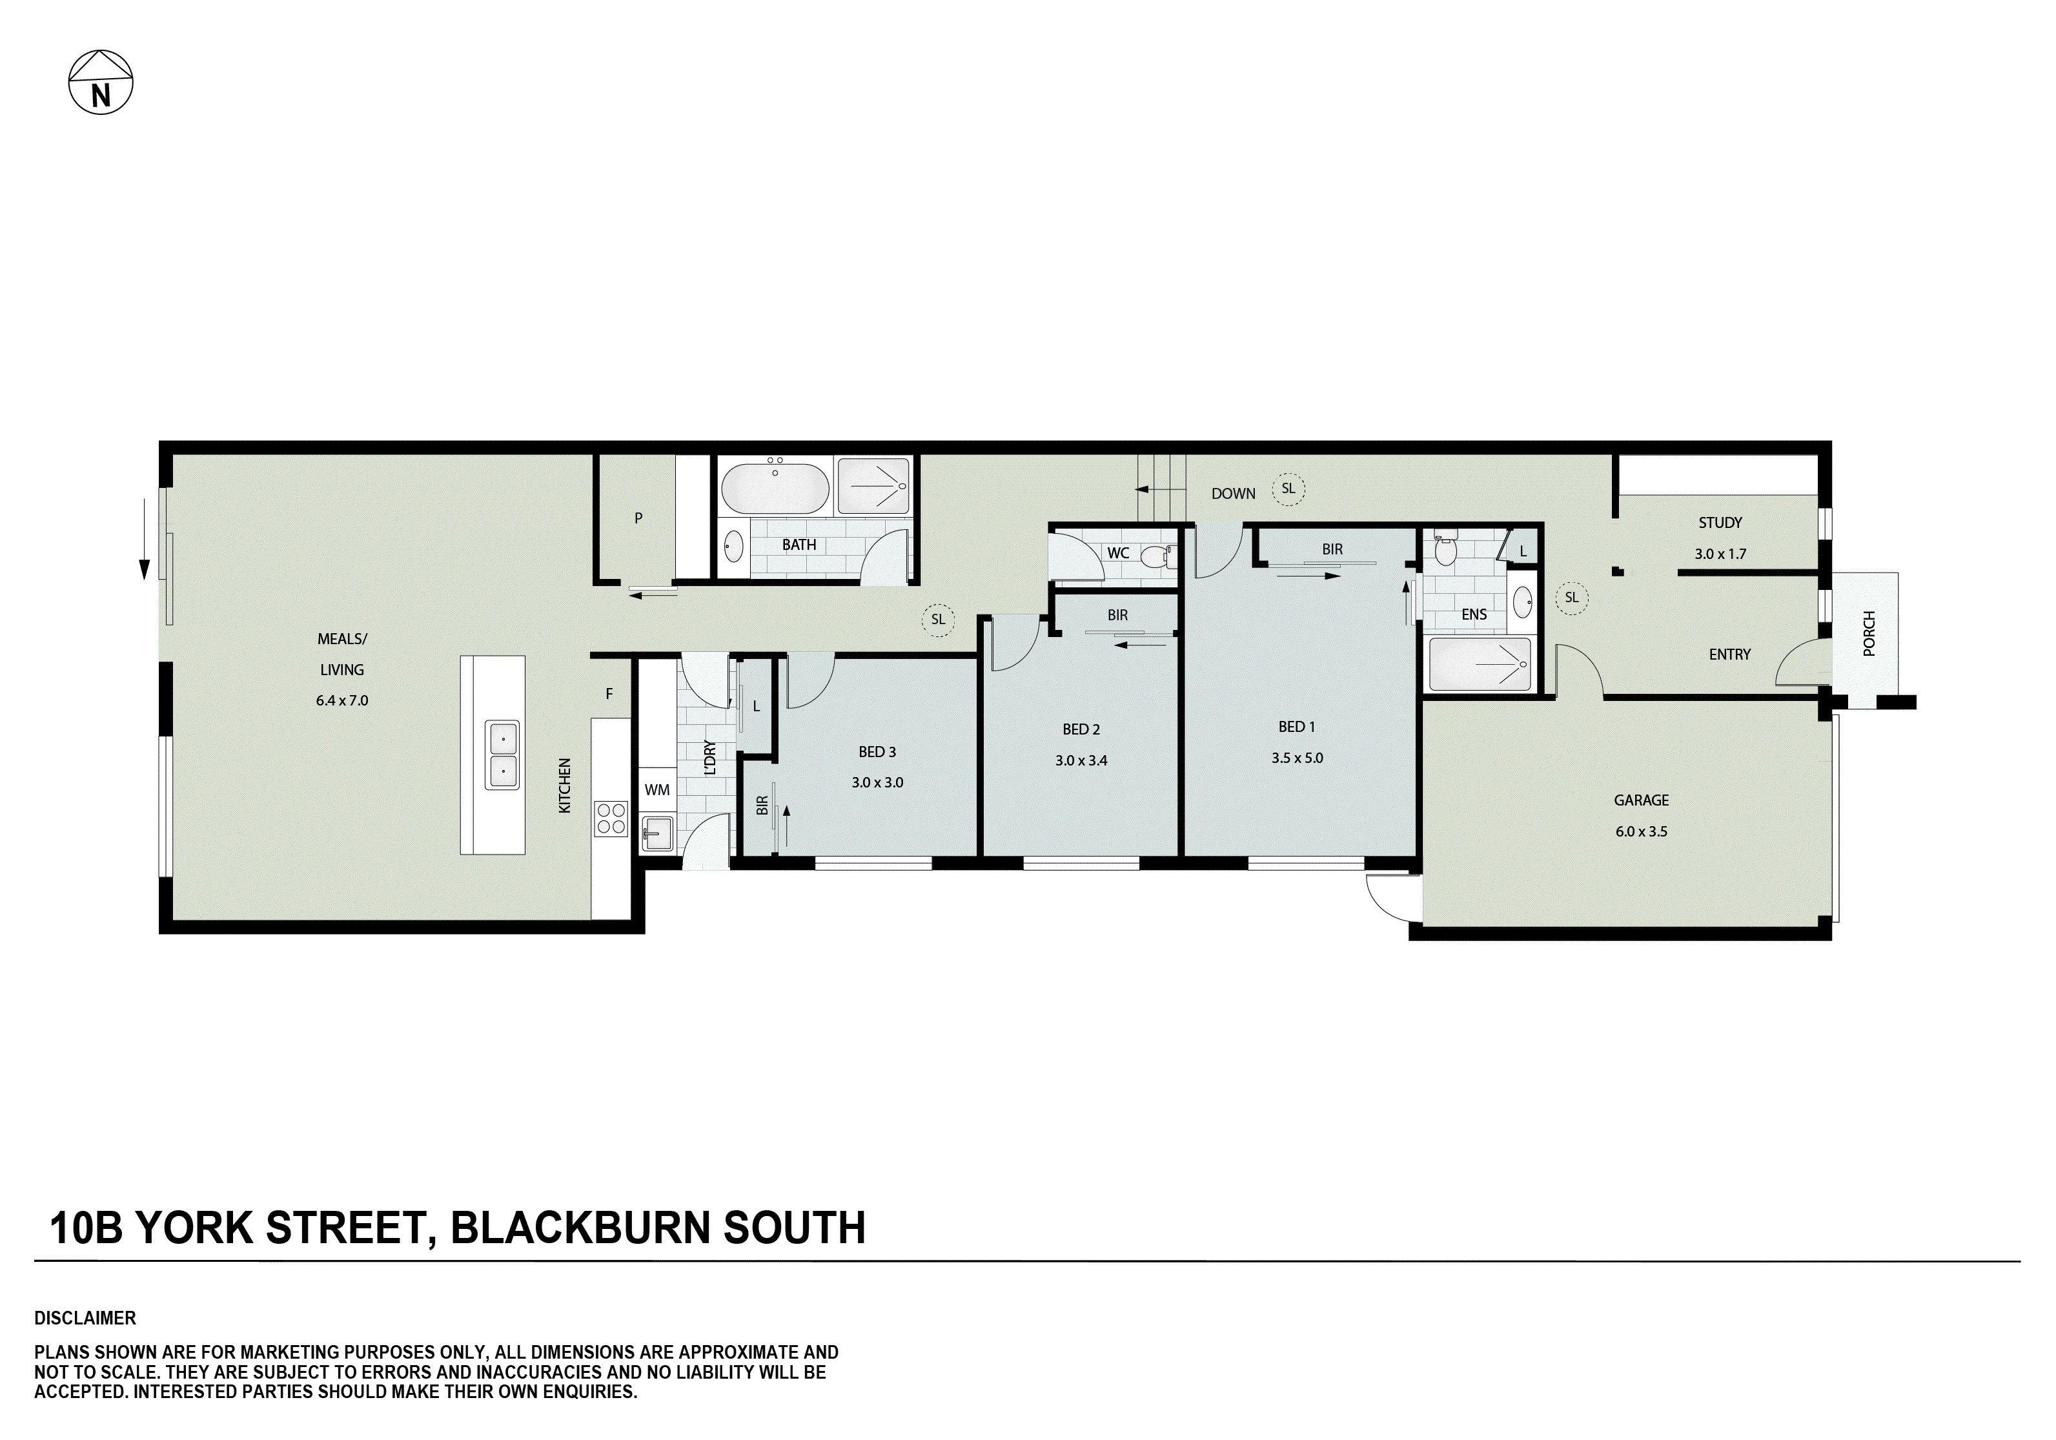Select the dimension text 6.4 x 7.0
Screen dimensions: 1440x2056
(341, 700)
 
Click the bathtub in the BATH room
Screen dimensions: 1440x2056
(775, 487)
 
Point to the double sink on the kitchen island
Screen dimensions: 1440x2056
(502, 755)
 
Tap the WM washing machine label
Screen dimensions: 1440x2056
(656, 790)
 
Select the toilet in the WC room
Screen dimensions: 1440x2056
(1157, 556)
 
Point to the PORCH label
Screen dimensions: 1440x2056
(1868, 633)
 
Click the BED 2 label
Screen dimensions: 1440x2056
(1081, 729)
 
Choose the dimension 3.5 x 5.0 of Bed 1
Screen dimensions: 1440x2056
(1297, 758)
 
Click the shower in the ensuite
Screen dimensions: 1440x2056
(1480, 664)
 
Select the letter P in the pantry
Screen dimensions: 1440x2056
(638, 518)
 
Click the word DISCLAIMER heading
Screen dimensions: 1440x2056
(85, 1318)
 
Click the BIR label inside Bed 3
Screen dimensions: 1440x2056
(762, 805)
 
